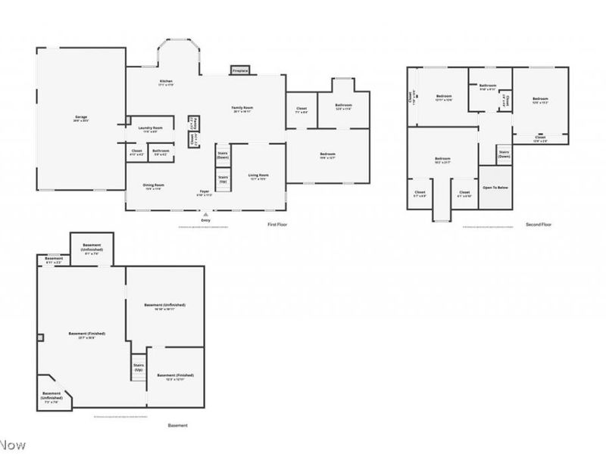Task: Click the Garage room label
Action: [x=81, y=117]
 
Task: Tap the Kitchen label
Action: [x=166, y=81]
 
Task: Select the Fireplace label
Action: [x=240, y=70]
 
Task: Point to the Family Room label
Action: [x=242, y=108]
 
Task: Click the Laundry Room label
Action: [x=151, y=128]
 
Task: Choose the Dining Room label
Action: [x=155, y=185]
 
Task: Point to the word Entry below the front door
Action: [x=205, y=220]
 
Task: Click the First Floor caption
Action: [x=278, y=225]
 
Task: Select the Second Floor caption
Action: [x=539, y=225]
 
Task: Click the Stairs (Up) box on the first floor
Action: [x=223, y=180]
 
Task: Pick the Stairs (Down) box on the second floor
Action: [x=504, y=154]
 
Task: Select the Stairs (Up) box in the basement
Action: [x=139, y=368]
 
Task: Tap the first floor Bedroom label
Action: [x=327, y=154]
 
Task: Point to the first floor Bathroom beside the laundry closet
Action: [x=161, y=151]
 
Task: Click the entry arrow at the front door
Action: [x=205, y=213]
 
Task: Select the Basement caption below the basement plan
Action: [x=178, y=425]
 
